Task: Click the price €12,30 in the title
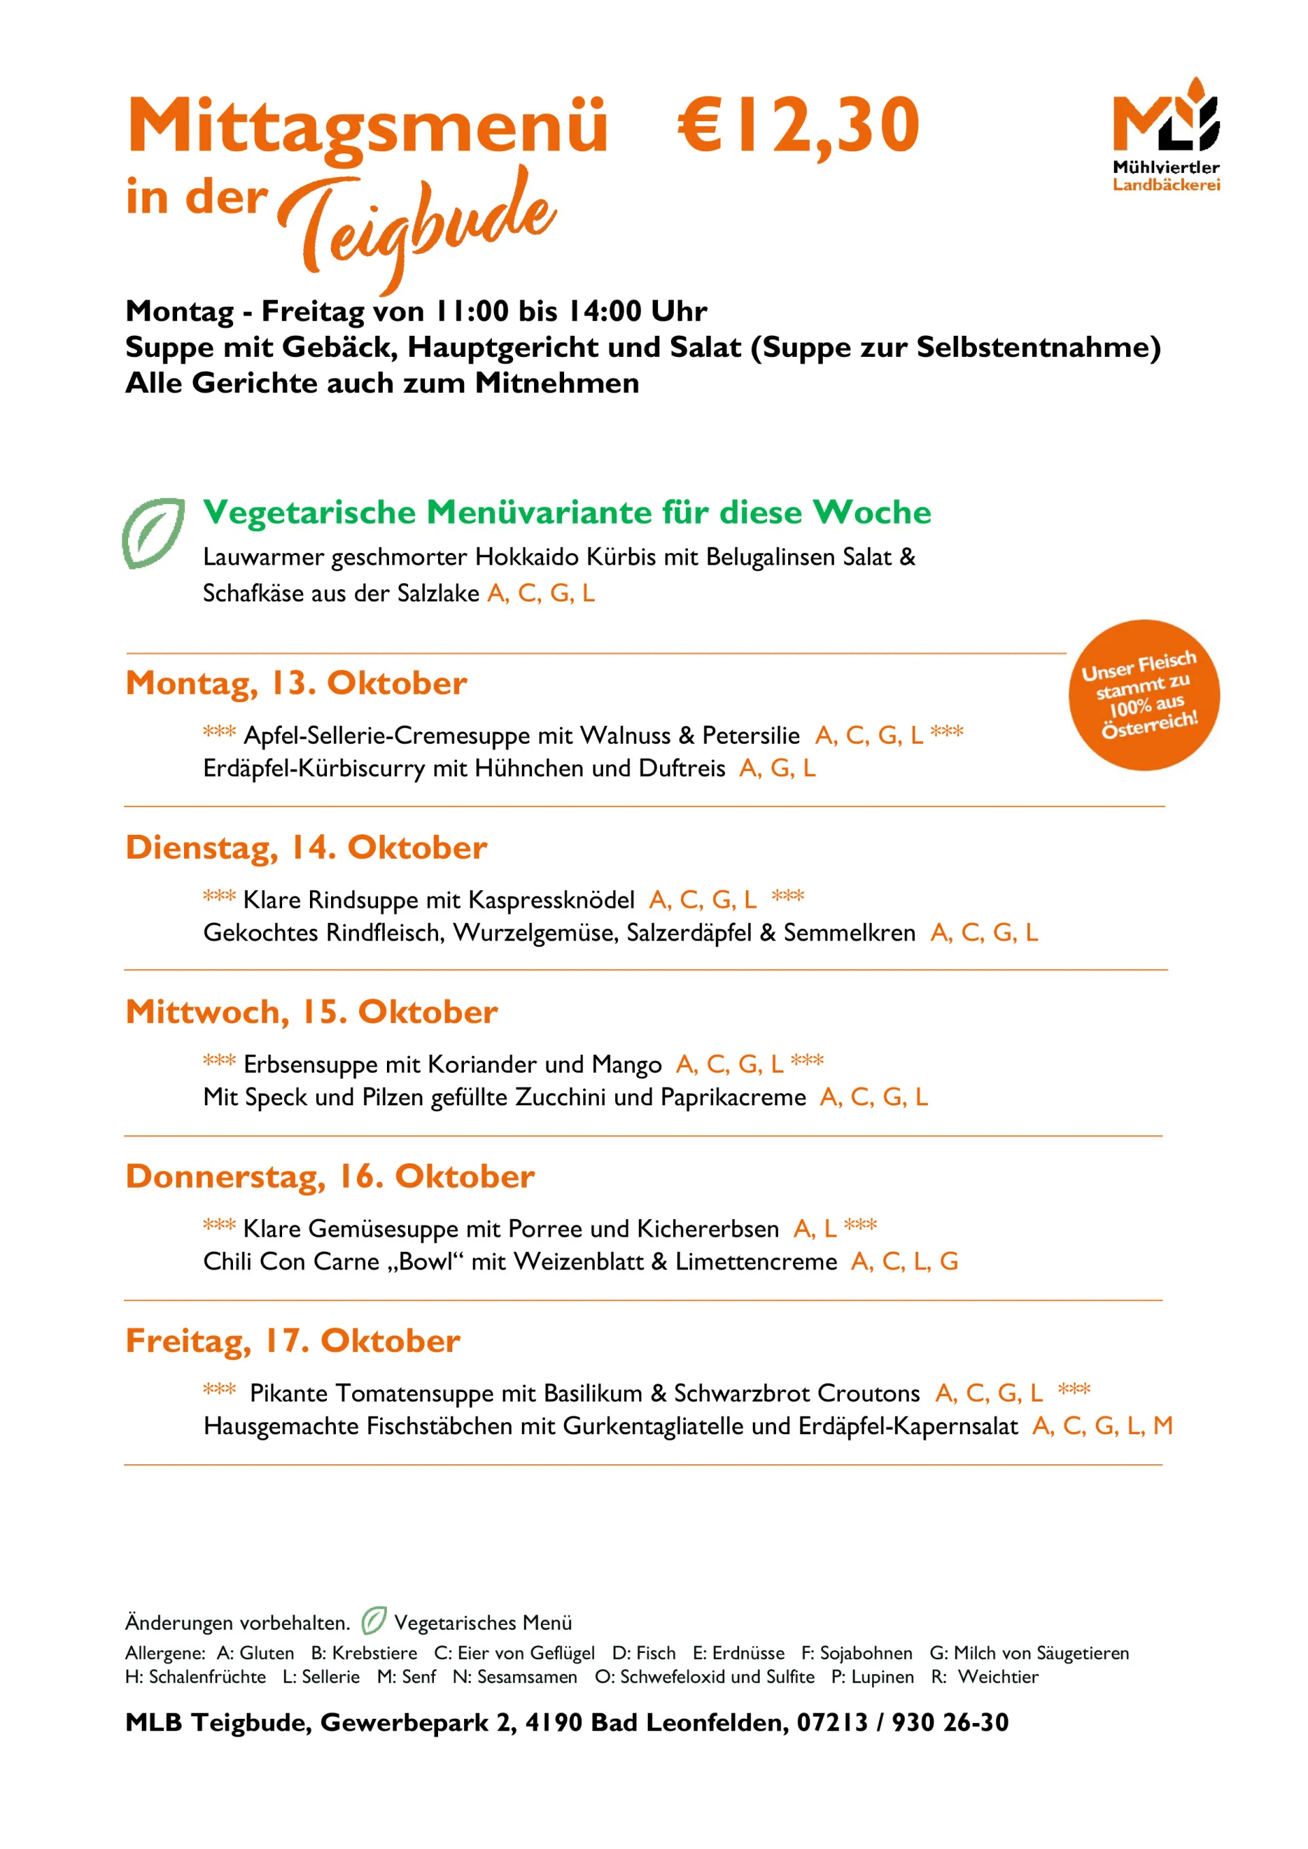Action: pos(797,125)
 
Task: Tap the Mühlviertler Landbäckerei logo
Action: pos(1166,133)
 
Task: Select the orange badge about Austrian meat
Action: pos(1143,694)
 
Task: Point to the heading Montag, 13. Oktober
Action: pos(296,683)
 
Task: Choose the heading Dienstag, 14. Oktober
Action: pos(306,847)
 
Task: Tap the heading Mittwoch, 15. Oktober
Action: pos(311,1011)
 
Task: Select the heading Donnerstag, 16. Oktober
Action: pos(330,1177)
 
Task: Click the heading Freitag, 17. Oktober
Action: pos(292,1341)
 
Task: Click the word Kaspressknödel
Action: pos(551,900)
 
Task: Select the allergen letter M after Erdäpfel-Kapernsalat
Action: pos(1162,1425)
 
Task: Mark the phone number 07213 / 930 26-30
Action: pos(902,1722)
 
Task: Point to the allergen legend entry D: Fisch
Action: pos(644,1654)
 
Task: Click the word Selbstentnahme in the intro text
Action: pos(1038,347)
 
